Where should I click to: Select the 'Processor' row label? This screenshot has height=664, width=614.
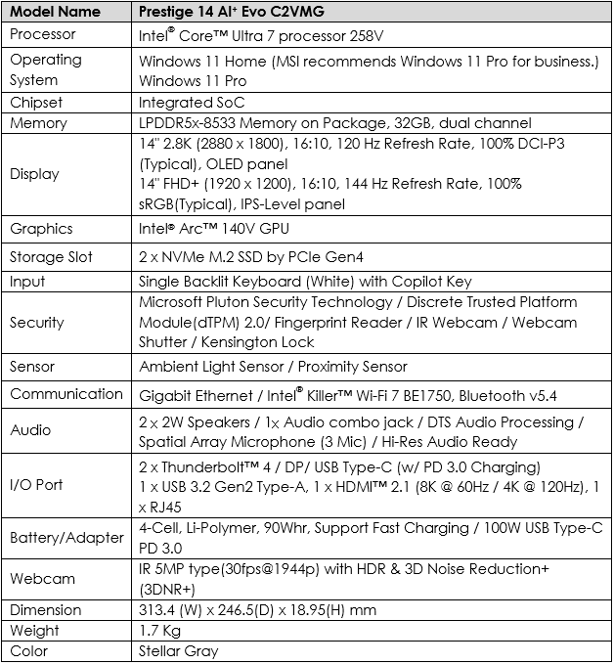pyautogui.click(x=43, y=34)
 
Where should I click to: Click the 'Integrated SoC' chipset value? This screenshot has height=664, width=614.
pyautogui.click(x=192, y=102)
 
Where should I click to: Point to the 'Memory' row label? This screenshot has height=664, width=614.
pyautogui.click(x=38, y=123)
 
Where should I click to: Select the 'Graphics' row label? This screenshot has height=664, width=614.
pyautogui.click(x=41, y=229)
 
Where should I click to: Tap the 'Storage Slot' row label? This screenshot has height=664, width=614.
pyautogui.click(x=52, y=257)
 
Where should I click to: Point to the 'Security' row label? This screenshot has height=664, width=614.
pyautogui.click(x=37, y=322)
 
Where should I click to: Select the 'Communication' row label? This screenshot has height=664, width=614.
pyautogui.click(x=66, y=394)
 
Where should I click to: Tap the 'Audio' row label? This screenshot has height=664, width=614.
pyautogui.click(x=30, y=429)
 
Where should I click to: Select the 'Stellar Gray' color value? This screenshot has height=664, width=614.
pyautogui.click(x=179, y=651)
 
